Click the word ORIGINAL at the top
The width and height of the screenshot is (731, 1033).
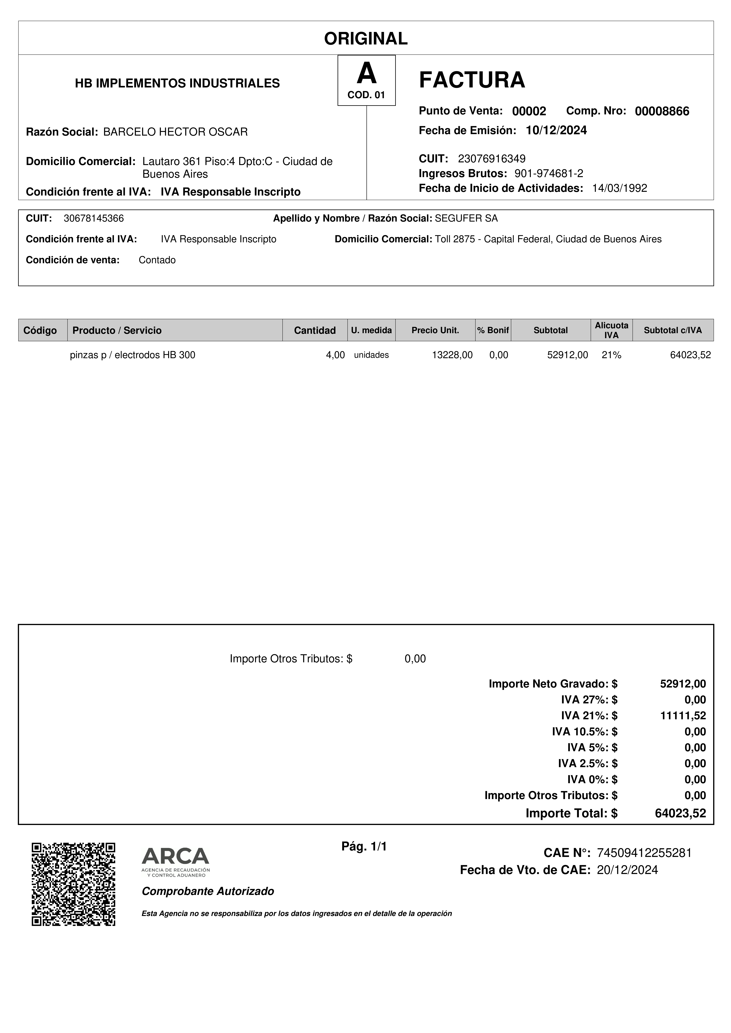pyautogui.click(x=366, y=39)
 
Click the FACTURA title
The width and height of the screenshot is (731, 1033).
pyautogui.click(x=472, y=80)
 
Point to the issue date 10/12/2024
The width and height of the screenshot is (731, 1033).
pyautogui.click(x=556, y=130)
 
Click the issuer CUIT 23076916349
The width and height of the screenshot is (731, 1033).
pyautogui.click(x=491, y=159)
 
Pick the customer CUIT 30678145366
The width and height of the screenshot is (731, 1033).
pyautogui.click(x=94, y=219)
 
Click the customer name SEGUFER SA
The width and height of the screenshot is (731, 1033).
pyautogui.click(x=466, y=219)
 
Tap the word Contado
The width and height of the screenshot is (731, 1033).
pyautogui.click(x=157, y=260)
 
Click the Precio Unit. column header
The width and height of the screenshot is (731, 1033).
pyautogui.click(x=435, y=330)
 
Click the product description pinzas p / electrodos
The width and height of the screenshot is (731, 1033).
pyautogui.click(x=132, y=355)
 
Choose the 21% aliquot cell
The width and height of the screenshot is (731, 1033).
pyautogui.click(x=611, y=355)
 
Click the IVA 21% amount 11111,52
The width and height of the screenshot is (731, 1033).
pyautogui.click(x=683, y=715)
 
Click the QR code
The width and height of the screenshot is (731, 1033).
pyautogui.click(x=73, y=884)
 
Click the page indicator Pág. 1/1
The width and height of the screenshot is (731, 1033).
pyautogui.click(x=364, y=847)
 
